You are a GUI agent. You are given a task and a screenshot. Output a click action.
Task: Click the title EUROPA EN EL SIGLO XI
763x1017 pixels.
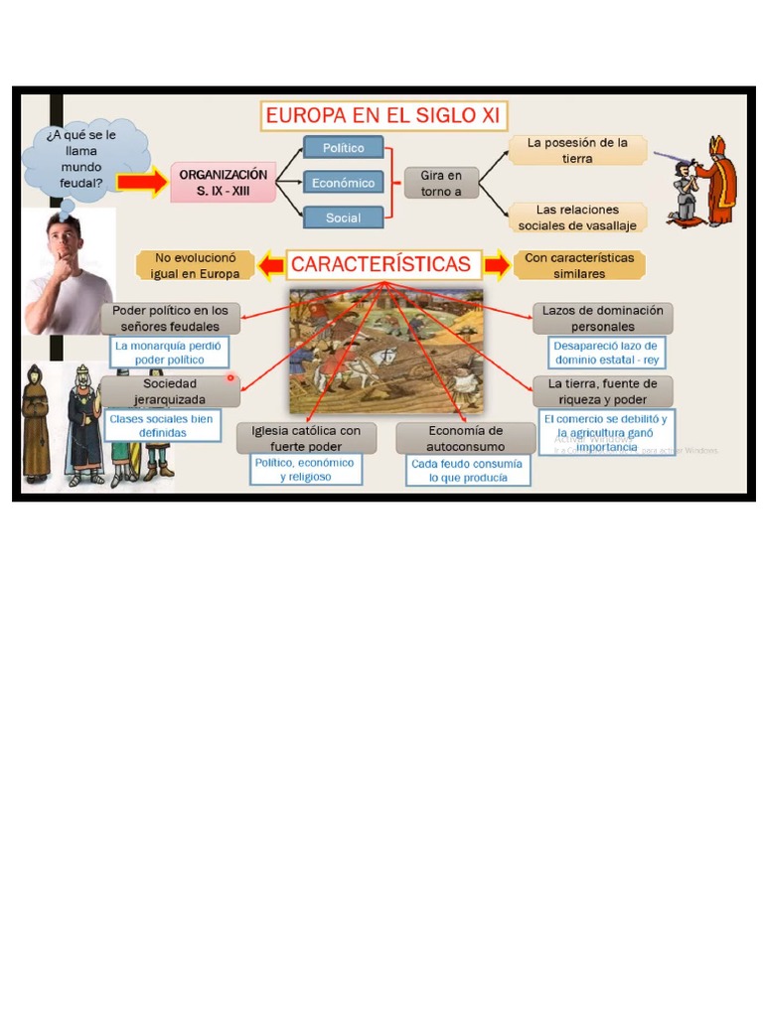coord(384,116)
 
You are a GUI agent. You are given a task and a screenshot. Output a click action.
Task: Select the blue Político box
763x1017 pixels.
coord(343,148)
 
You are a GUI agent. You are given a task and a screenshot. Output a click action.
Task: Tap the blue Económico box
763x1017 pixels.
coord(343,183)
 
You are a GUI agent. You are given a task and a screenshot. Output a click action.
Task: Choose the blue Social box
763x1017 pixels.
coord(343,218)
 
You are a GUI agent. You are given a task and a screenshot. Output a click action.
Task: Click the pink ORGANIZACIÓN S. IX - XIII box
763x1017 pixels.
coord(223,182)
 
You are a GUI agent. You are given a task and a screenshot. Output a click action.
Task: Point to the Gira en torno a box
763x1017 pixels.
coord(441,183)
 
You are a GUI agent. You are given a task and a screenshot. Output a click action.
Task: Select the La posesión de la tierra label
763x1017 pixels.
coord(577,150)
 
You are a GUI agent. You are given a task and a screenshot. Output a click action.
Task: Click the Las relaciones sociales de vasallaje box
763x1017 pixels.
coord(577,218)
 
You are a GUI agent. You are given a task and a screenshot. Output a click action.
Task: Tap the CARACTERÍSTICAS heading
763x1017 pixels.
coord(381,265)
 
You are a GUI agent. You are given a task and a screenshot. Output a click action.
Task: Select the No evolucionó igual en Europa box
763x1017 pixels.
coord(196,265)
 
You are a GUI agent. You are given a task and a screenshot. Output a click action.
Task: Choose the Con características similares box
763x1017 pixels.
coord(578,265)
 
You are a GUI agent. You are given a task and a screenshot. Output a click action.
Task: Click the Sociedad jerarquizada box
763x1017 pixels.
coord(170,390)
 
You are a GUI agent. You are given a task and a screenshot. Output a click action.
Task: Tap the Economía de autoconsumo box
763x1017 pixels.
coord(465,438)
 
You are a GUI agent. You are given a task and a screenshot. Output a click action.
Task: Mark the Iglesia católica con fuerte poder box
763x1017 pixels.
coord(306,438)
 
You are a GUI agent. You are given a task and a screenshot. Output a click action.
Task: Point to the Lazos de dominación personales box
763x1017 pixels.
coord(602,318)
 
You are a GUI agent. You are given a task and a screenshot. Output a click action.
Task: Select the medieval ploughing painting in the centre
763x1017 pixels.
coord(385,350)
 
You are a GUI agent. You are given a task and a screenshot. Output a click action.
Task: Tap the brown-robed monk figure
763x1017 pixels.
coord(37,421)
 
